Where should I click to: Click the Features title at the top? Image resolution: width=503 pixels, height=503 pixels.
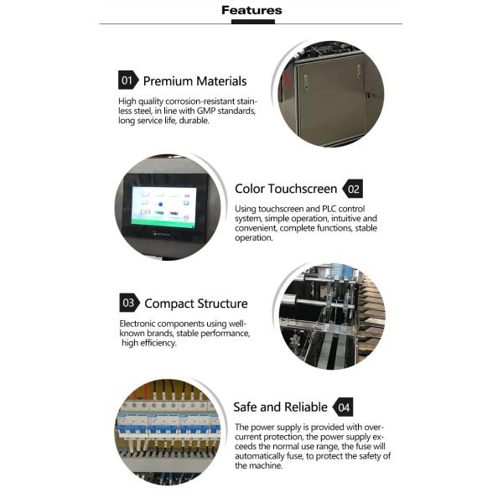coord(251,10)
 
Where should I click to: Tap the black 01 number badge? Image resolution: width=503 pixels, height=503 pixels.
coord(128,80)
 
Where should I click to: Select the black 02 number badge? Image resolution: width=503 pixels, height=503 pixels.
coord(353,189)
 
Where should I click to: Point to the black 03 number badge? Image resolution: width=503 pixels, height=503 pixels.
coord(130,303)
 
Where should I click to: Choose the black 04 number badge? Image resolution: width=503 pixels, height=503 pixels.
coord(343,407)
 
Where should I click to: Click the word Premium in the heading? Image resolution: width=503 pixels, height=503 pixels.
coord(168,81)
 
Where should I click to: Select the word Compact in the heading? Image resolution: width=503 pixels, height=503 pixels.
coord(169,303)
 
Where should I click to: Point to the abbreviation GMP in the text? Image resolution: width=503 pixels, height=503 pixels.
coord(206,111)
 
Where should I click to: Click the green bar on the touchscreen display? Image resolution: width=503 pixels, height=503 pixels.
coord(163,223)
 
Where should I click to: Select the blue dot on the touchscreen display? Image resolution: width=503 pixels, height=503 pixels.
coord(160,204)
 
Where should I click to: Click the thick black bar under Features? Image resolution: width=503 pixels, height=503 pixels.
coord(253,22)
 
